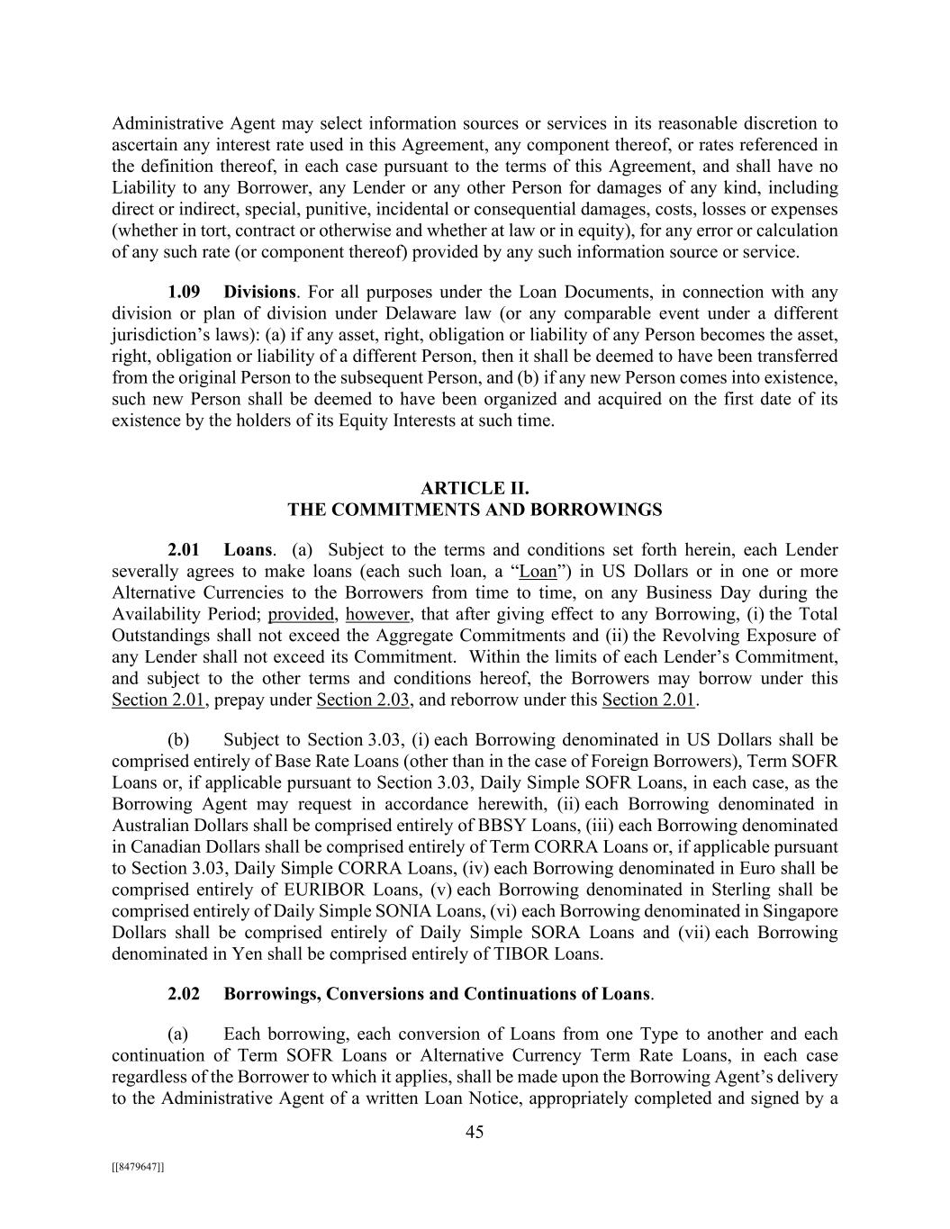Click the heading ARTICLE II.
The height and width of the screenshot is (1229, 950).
click(x=475, y=488)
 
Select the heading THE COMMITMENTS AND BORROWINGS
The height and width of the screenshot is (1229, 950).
click(x=475, y=510)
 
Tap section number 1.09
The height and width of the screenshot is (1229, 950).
click(x=184, y=292)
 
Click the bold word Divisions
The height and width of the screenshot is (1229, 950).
click(x=259, y=292)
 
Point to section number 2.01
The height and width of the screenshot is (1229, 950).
click(x=184, y=549)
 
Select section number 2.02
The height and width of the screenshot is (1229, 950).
click(x=184, y=994)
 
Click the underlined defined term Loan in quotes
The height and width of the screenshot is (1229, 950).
click(x=538, y=571)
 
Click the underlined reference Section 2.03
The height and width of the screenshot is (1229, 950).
click(x=364, y=700)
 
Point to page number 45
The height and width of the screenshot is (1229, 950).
click(x=475, y=1132)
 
